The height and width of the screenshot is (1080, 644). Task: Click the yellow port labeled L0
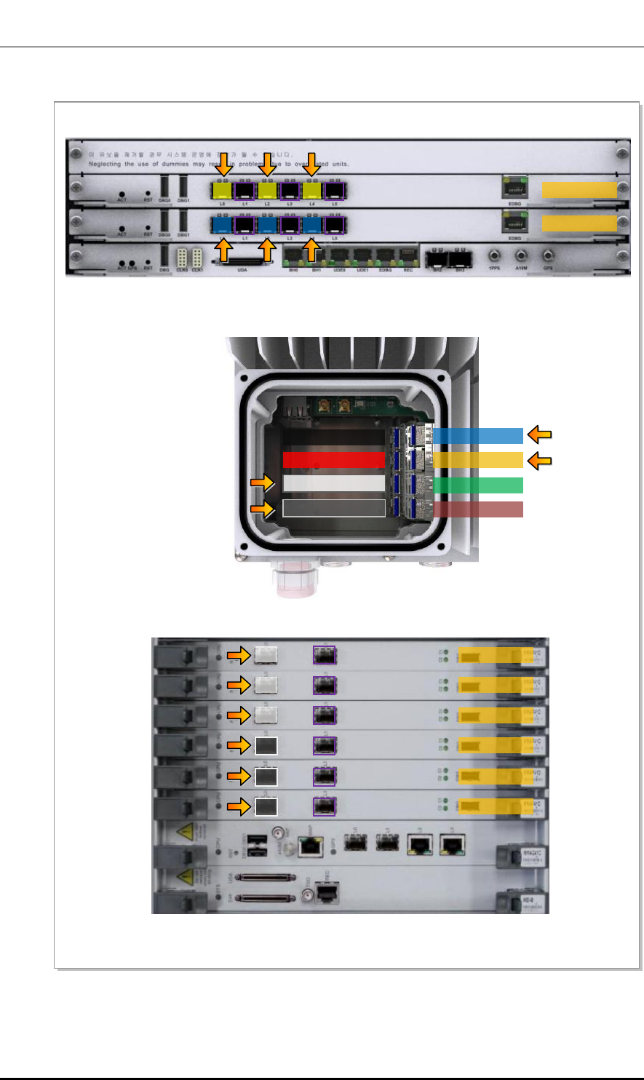coord(222,191)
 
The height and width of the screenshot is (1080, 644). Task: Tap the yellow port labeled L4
coord(312,191)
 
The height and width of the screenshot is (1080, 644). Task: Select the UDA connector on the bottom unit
coord(245,261)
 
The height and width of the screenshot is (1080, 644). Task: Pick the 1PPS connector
coord(495,256)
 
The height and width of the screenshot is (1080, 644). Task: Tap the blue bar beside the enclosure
coord(478,435)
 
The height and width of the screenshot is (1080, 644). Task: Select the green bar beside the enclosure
coord(478,485)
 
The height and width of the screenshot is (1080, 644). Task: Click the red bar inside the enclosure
coord(333,459)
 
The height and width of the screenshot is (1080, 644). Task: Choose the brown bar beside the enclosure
coord(478,509)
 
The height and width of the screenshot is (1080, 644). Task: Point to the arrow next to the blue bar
coord(538,435)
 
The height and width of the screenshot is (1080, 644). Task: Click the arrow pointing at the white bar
coord(261,484)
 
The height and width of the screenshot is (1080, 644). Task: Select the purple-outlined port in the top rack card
coord(324,656)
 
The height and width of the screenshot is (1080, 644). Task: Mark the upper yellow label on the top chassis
coord(579,191)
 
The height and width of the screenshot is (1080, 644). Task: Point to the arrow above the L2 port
coord(267,164)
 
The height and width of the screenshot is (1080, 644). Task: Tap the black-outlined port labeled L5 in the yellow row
coord(335,191)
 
